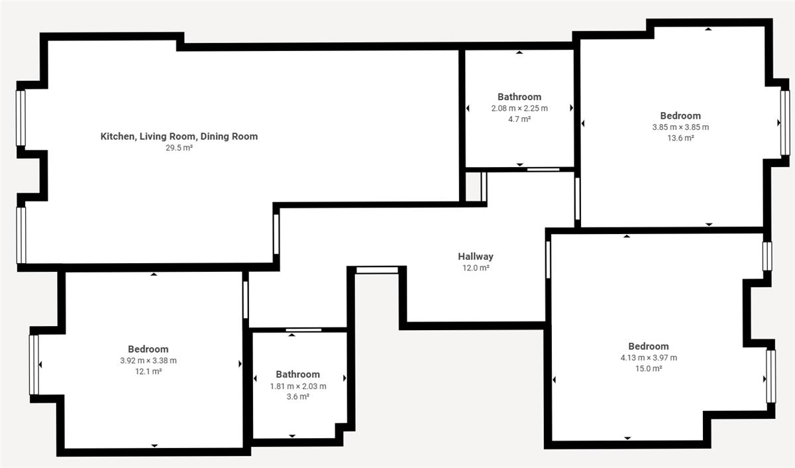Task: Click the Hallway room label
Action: coord(476,257)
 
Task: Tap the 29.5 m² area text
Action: coord(180,148)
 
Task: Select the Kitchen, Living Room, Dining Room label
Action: coord(180,137)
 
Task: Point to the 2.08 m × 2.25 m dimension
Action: coord(519,108)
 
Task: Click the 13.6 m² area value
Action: coord(681,138)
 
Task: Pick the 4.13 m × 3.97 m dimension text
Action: coord(649,357)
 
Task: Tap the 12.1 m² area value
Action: coord(148,371)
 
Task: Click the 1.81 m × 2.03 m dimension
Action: coord(298,386)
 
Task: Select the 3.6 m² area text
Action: coord(298,396)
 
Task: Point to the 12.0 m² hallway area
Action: coord(476,268)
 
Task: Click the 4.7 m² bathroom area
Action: coord(519,119)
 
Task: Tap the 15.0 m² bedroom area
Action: coord(649,369)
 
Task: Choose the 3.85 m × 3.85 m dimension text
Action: coord(681,127)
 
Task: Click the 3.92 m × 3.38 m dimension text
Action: coord(148,361)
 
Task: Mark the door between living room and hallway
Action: coord(276,234)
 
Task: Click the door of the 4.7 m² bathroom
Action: coord(543,170)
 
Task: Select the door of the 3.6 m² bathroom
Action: coord(304,330)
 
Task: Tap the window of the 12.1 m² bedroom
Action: coord(34,365)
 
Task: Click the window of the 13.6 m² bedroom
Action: coord(785,123)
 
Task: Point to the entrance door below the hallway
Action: coord(377,270)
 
